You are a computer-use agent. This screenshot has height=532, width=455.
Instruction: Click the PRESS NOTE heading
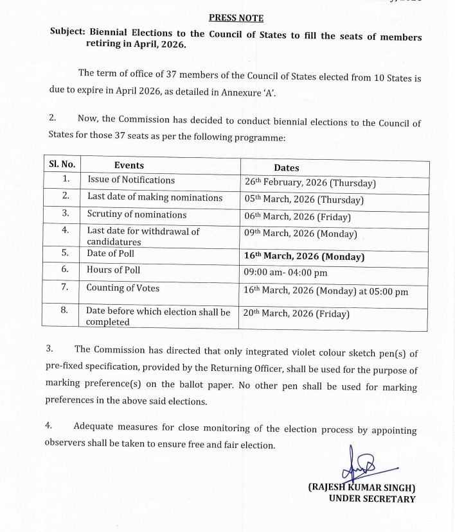236,18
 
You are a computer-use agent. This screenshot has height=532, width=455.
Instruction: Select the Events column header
129,165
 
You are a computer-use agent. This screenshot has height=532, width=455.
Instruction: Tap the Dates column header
286,167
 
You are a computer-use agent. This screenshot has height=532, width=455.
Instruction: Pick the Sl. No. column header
62,164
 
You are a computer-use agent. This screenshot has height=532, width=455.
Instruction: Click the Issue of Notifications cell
131,180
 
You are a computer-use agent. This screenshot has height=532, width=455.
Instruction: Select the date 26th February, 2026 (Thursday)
310,183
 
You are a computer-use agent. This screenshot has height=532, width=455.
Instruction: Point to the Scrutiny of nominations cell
137,214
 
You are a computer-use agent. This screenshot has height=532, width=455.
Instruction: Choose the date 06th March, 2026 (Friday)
297,217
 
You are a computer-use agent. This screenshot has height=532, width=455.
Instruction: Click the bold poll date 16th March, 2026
304,256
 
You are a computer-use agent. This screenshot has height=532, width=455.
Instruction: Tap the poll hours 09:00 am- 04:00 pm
285,272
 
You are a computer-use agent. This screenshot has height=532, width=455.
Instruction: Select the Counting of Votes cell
123,288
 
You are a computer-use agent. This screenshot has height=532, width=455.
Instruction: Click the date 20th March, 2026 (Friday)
296,314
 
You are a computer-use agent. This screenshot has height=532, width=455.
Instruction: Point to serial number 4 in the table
65,230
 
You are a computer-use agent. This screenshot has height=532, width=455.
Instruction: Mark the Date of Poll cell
111,253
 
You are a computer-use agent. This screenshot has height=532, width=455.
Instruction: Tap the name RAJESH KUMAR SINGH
361,488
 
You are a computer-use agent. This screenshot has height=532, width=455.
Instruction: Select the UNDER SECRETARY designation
371,499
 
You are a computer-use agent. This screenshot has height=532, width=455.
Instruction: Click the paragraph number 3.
49,349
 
